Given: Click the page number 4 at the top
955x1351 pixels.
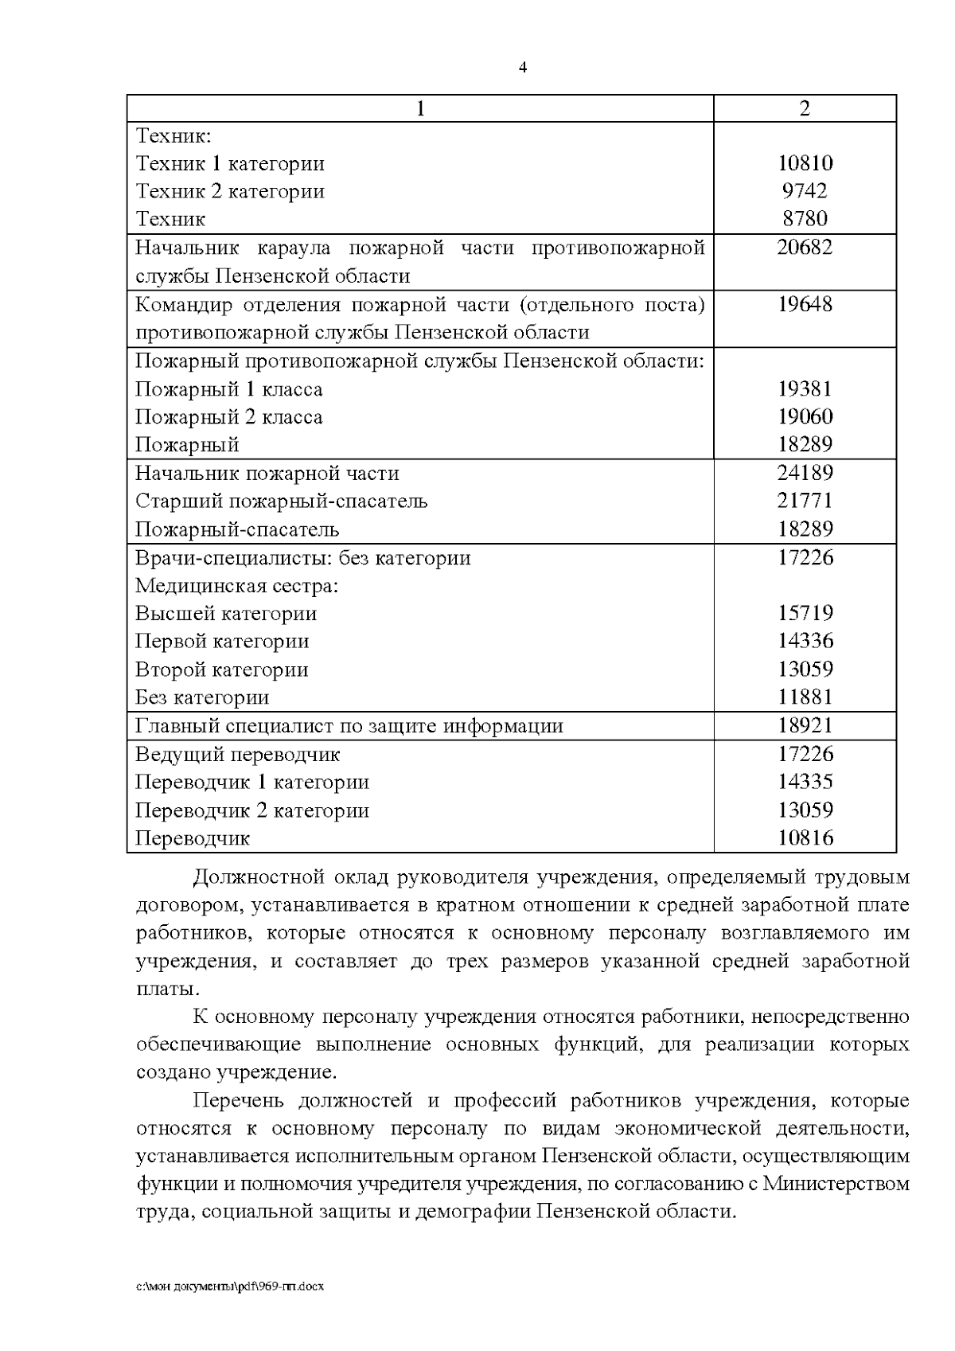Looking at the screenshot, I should [x=523, y=68].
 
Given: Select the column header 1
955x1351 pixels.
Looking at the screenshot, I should [x=420, y=108].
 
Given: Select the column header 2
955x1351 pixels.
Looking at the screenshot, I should [x=805, y=108].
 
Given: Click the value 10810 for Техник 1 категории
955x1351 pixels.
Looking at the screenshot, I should [x=805, y=163].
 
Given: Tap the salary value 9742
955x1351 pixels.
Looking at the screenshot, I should [x=805, y=191].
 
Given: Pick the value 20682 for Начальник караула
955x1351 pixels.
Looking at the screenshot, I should [x=805, y=248].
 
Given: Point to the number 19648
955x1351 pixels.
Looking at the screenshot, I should [x=805, y=304].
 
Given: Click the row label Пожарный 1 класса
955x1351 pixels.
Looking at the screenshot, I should [x=229, y=389].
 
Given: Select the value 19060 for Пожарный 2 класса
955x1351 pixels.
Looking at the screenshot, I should [x=805, y=417].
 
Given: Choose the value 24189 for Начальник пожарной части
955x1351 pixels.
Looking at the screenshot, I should [x=805, y=474].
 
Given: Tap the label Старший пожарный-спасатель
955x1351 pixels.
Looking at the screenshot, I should [x=282, y=502].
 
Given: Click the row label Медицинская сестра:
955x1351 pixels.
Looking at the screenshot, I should [x=237, y=586].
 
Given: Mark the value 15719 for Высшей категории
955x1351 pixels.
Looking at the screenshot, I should [x=805, y=614].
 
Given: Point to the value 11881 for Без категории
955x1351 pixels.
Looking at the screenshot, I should [x=805, y=698].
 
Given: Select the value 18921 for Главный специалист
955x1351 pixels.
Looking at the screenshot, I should [x=805, y=726].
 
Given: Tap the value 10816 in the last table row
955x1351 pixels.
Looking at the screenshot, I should [x=805, y=838].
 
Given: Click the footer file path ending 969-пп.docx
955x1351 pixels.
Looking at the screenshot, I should [x=230, y=1286].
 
